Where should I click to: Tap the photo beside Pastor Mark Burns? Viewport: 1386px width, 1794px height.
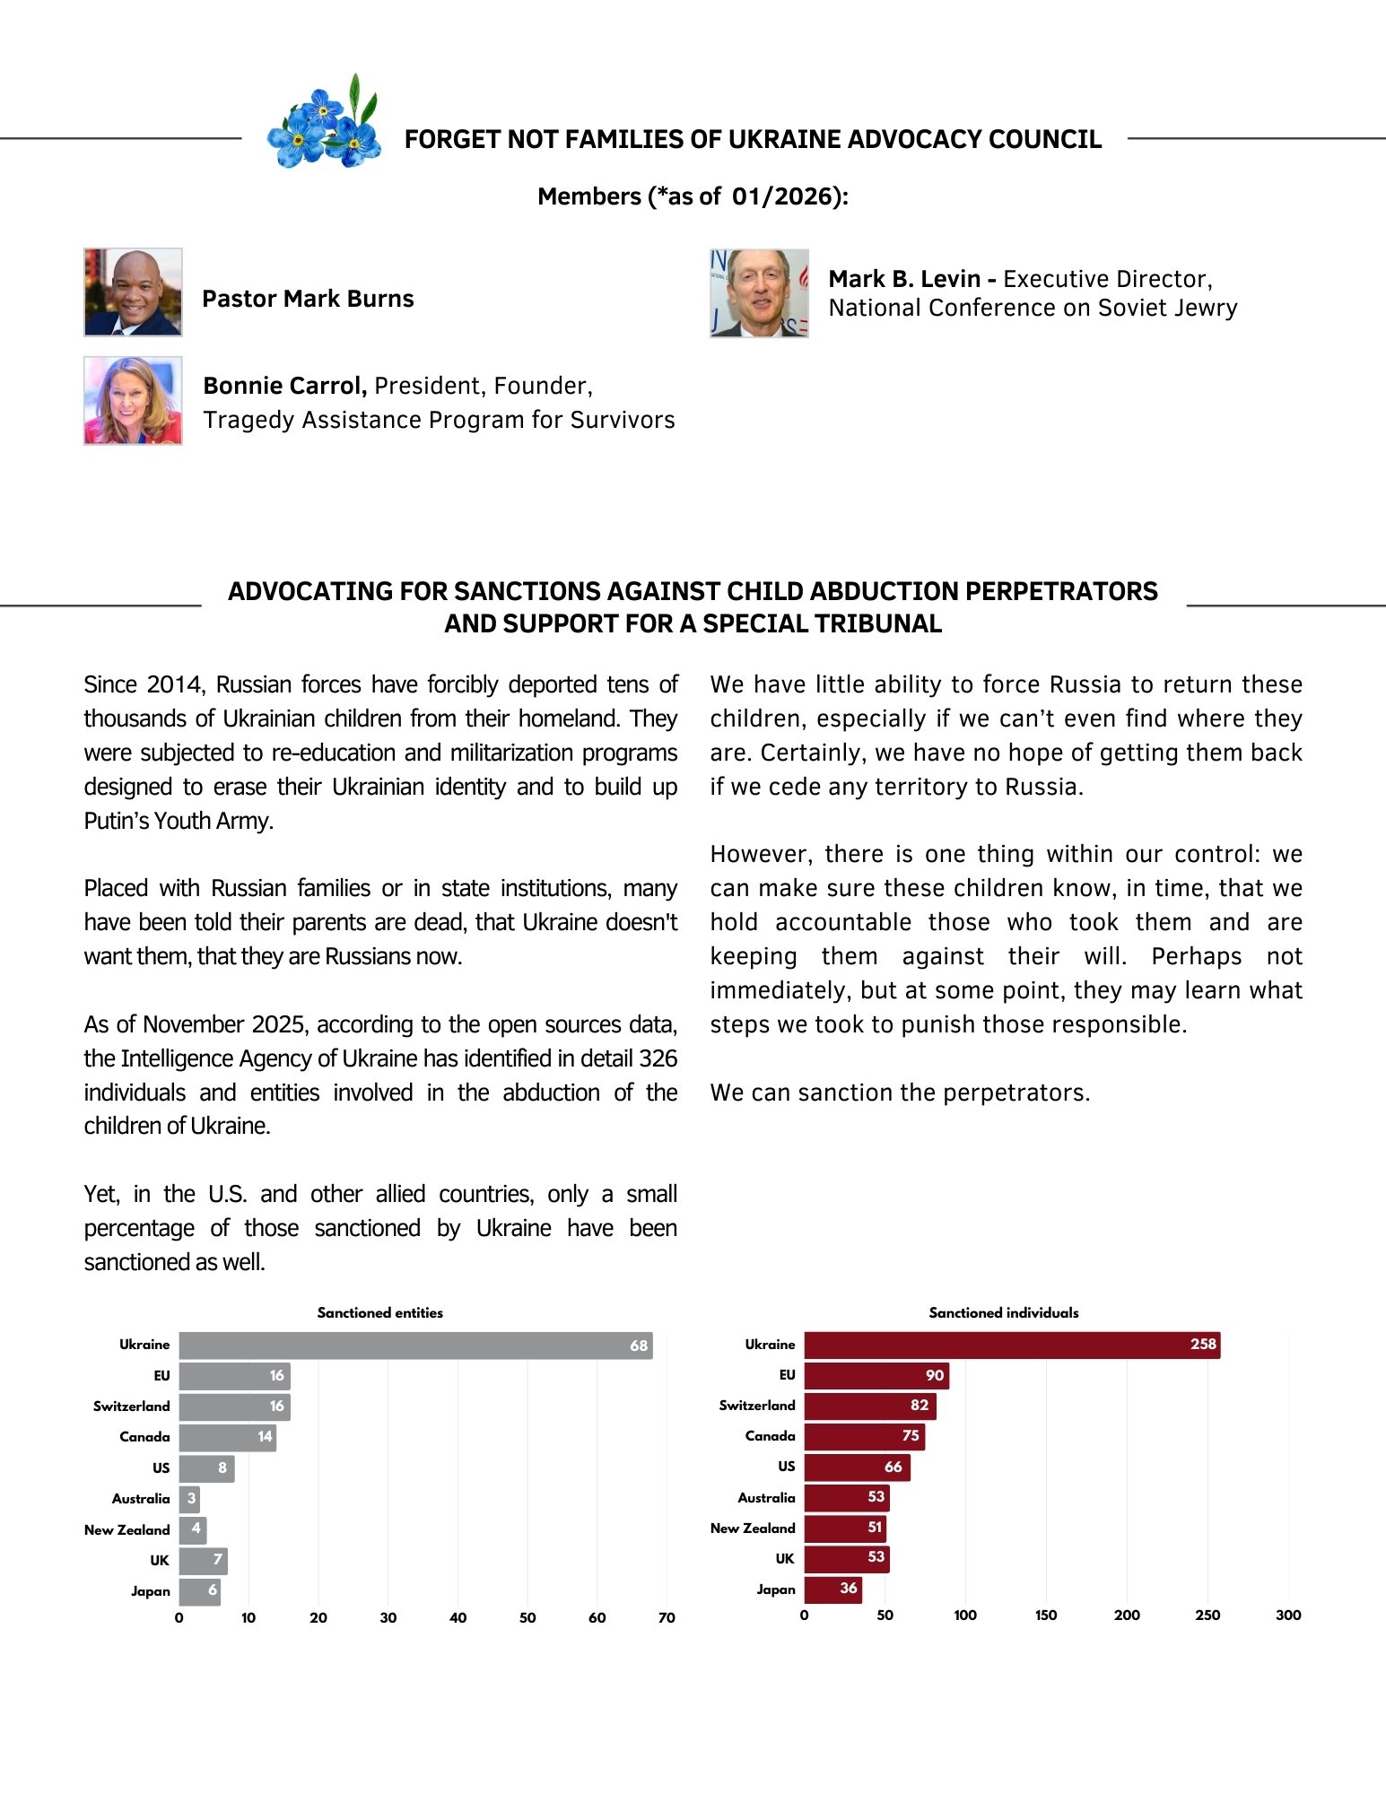(x=133, y=292)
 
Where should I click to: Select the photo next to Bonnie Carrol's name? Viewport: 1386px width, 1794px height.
(x=133, y=400)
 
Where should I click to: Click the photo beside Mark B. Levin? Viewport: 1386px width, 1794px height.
(x=759, y=293)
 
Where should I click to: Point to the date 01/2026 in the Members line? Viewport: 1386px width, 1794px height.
(x=783, y=196)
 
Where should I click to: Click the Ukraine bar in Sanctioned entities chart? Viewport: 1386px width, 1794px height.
(x=415, y=1345)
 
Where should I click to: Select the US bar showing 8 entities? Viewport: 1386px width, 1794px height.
(x=206, y=1468)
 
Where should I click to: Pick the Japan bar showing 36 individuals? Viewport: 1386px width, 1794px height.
(x=832, y=1589)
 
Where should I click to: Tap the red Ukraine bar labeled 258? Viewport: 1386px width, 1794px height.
(x=1012, y=1345)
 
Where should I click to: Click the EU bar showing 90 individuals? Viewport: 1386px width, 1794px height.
(x=876, y=1375)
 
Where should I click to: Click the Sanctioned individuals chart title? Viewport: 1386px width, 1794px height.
(x=1004, y=1312)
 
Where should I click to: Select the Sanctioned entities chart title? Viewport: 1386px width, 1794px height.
(x=379, y=1312)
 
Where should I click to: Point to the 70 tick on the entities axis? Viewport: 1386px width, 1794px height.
(x=667, y=1617)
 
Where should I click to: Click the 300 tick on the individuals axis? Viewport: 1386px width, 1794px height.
(x=1288, y=1615)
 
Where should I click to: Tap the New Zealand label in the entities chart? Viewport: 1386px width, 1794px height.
(x=126, y=1529)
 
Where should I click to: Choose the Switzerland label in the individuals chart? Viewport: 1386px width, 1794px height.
(x=757, y=1406)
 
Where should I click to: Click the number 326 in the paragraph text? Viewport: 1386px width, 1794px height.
(x=658, y=1058)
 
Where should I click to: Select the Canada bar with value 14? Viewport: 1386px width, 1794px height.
(x=227, y=1437)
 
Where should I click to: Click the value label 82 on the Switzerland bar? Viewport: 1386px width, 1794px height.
(x=920, y=1406)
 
